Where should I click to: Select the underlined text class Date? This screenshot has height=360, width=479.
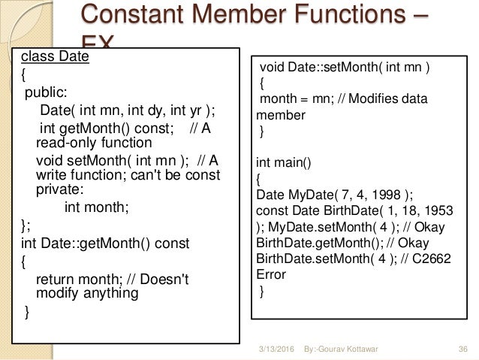55,56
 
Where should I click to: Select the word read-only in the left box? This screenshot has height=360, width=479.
68,142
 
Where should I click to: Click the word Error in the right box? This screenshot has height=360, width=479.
271,274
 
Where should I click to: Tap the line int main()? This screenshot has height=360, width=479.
282,161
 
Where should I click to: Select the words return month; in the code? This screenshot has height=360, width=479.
77,279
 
